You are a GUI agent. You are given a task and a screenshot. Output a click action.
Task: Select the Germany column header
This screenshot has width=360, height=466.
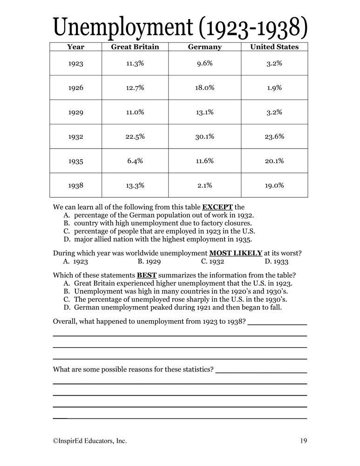[x=204, y=47]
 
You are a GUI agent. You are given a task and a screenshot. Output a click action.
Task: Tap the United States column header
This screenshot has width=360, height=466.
[x=274, y=47]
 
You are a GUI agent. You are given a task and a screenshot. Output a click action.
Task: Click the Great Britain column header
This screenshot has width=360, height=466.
[x=135, y=47]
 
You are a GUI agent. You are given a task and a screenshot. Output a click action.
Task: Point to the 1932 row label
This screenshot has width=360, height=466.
[x=75, y=137]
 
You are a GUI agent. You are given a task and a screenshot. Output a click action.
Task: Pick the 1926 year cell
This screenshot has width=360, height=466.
[x=75, y=88]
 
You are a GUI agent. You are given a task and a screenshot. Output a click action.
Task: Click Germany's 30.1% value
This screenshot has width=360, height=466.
[x=204, y=137]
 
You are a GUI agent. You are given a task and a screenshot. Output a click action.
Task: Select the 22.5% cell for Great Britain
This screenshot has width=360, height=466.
[x=135, y=137]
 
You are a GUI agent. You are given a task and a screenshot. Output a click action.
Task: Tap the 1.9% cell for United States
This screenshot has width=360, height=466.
[x=274, y=88]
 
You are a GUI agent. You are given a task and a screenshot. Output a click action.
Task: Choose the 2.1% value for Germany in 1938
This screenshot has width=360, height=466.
[x=204, y=185]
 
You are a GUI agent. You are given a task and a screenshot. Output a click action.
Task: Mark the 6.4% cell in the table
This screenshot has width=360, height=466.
[x=135, y=161]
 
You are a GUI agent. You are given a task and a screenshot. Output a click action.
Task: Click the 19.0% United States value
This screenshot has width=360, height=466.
[x=274, y=185]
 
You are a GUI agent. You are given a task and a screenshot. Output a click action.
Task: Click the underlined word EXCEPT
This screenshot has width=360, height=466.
[x=217, y=207]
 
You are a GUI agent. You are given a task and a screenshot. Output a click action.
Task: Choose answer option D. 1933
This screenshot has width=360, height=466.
[x=277, y=262]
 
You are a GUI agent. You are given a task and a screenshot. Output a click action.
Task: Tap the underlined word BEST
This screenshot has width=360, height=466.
[x=147, y=274]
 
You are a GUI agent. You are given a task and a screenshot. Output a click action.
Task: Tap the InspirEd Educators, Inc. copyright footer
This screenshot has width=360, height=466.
[x=90, y=440]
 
